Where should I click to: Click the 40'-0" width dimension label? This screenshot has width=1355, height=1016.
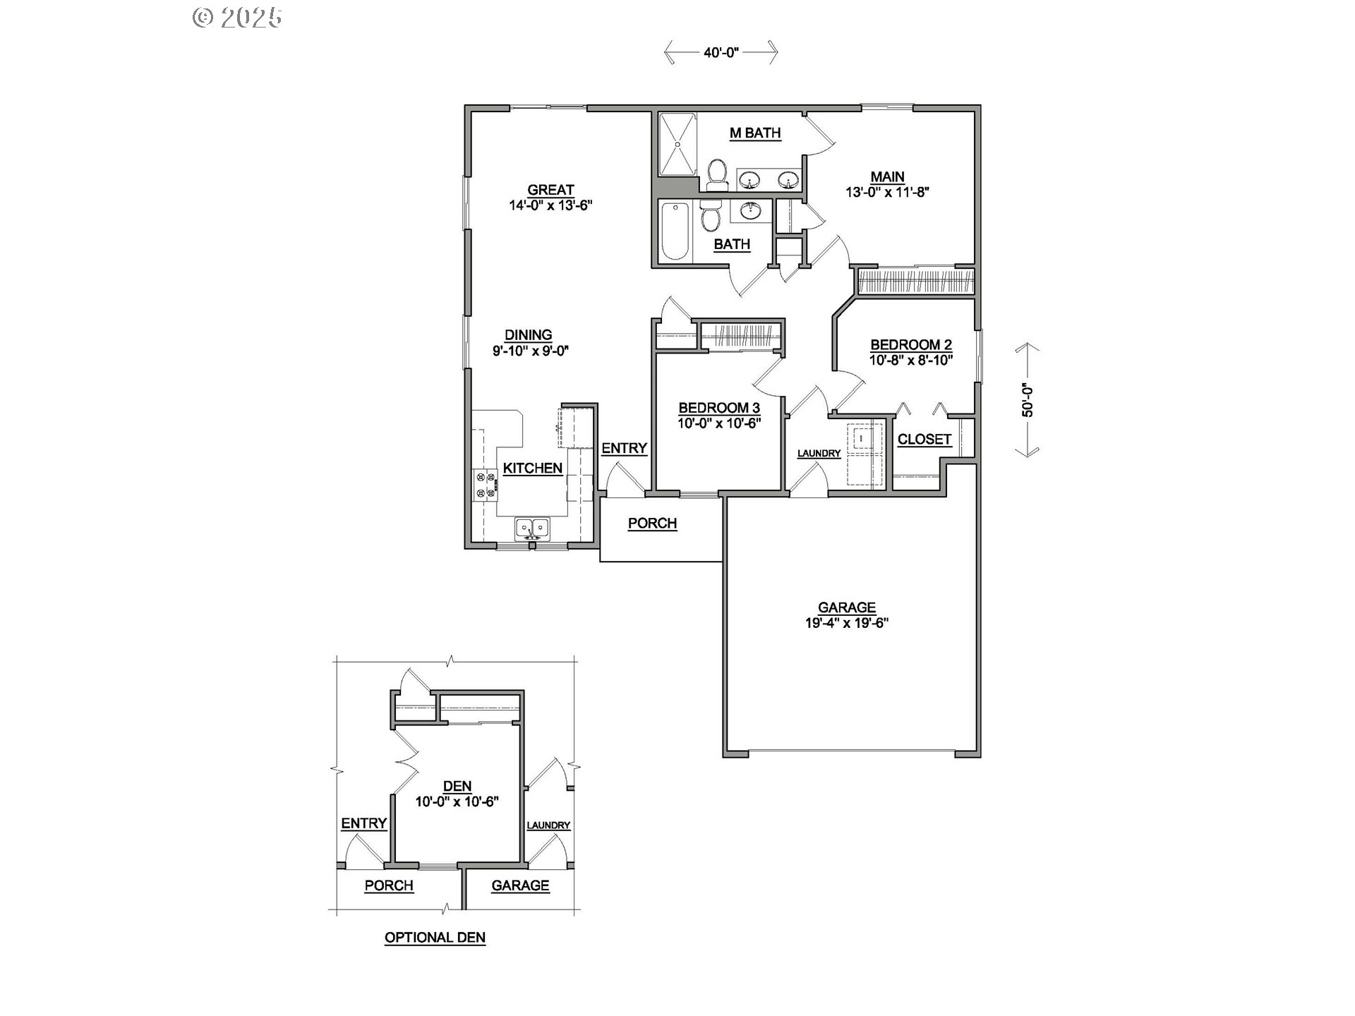click(x=721, y=53)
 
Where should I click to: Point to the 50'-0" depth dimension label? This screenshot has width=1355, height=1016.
click(x=1028, y=401)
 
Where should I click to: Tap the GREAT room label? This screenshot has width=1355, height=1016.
click(x=550, y=190)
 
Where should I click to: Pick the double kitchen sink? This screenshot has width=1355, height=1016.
click(x=532, y=527)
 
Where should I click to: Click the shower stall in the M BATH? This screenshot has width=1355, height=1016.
click(x=677, y=144)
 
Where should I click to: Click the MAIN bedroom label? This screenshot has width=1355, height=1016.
click(x=887, y=177)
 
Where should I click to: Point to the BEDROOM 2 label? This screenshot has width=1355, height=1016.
click(x=911, y=345)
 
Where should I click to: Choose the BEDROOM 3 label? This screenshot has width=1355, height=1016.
click(x=719, y=408)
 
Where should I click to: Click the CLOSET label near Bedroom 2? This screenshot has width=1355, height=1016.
click(x=925, y=440)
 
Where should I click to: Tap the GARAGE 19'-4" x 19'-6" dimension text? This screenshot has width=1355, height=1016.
click(x=847, y=623)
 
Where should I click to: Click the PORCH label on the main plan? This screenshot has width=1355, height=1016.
click(x=652, y=524)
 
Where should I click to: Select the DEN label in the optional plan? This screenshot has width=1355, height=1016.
click(x=457, y=787)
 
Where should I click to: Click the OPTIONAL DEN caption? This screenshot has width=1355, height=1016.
click(x=435, y=938)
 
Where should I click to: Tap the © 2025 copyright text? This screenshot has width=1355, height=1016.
click(x=238, y=17)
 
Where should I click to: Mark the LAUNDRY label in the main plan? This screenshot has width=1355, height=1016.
click(x=819, y=454)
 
